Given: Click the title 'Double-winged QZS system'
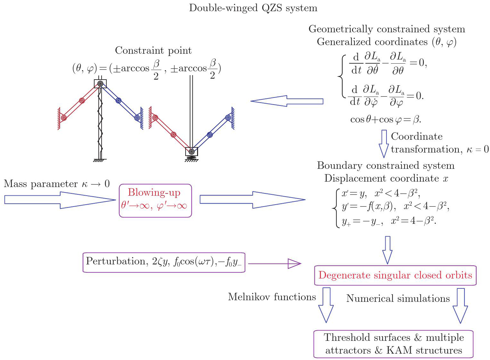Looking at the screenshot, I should tap(253, 8).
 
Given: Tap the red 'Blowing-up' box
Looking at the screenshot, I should tap(155, 200).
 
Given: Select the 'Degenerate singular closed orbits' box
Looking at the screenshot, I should tap(395, 275).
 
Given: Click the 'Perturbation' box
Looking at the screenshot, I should tap(164, 262).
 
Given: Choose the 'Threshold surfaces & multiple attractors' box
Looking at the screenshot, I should tap(393, 344).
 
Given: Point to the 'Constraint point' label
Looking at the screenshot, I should tap(153, 51).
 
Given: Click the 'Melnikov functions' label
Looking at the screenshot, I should tap(272, 297).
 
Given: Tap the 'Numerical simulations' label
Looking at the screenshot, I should tap(398, 299).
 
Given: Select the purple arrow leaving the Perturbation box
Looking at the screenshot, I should tap(275, 264).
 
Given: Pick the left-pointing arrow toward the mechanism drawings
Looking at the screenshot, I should tap(287, 101).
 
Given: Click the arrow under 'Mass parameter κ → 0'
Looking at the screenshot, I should tap(60, 200).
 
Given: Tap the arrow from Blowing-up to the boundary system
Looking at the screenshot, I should tap(252, 200).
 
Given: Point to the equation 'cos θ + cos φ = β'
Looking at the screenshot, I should tap(386, 120).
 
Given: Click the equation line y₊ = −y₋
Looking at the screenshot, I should tap(389, 221).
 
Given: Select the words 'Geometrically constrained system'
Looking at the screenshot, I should tap(387, 29).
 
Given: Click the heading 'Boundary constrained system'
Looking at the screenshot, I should tap(386, 166).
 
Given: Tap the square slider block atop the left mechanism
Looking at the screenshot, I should tap(100, 84).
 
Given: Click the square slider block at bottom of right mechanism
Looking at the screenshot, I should tap(192, 152).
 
